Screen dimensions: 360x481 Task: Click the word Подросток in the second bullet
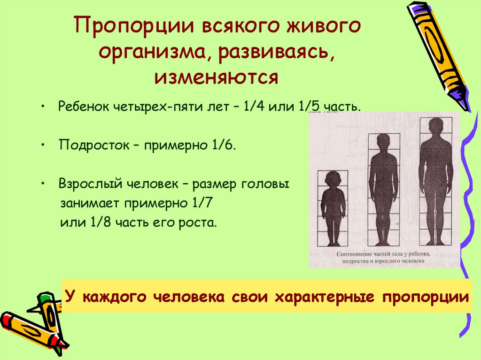pos(88,145)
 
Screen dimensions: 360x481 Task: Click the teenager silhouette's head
pos(383,143)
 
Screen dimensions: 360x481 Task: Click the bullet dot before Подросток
pos(43,145)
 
